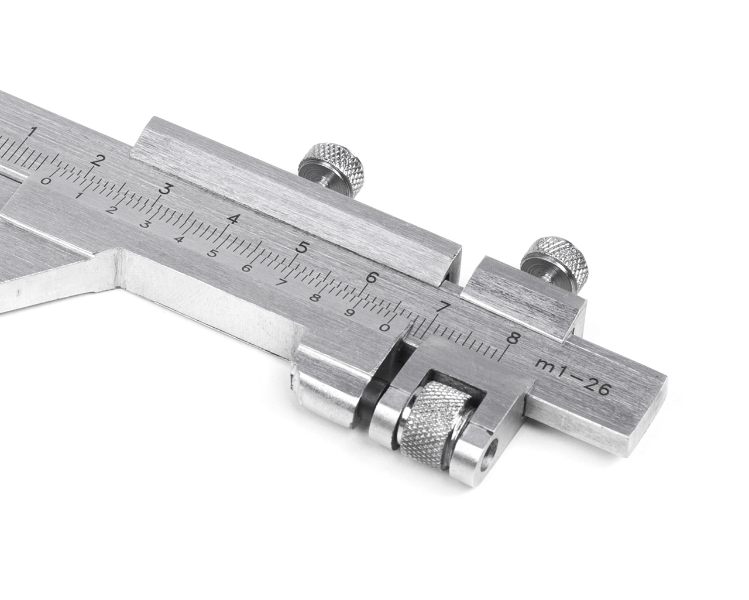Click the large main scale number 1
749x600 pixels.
pyautogui.click(x=34, y=131)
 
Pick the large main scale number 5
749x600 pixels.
pyautogui.click(x=301, y=248)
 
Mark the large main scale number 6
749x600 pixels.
pyautogui.click(x=370, y=277)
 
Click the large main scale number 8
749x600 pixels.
pyautogui.click(x=514, y=338)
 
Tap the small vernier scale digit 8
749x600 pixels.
pyautogui.click(x=315, y=297)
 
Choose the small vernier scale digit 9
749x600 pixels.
pyautogui.click(x=350, y=312)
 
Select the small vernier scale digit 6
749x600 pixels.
pyautogui.click(x=246, y=268)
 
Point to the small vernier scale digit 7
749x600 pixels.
pyautogui.click(x=281, y=282)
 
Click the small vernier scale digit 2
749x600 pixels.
pyautogui.click(x=111, y=210)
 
